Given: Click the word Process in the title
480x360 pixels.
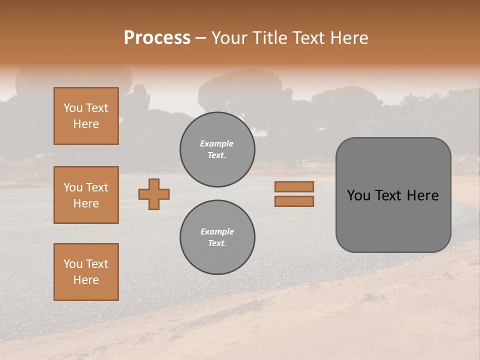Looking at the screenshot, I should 157,38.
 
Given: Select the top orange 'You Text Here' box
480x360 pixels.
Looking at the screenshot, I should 86,116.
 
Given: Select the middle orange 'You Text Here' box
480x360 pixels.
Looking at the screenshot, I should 86,195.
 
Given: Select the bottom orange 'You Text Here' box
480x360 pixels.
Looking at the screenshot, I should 86,272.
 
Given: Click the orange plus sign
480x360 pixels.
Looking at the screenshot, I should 154,194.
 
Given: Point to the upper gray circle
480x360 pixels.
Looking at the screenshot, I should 217,149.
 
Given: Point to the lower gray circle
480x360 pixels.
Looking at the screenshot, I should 217,237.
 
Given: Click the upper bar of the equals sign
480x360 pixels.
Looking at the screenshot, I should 294,186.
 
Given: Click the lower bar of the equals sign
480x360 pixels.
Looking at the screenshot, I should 294,201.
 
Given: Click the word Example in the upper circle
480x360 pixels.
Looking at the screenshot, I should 217,144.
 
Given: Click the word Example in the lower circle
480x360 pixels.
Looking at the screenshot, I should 217,231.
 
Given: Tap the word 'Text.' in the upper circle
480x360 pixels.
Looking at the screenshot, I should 217,155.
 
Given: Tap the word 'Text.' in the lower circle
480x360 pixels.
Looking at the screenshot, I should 217,243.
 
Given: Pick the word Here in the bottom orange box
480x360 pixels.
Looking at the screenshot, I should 86,280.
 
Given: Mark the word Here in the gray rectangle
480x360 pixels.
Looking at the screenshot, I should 422,195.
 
